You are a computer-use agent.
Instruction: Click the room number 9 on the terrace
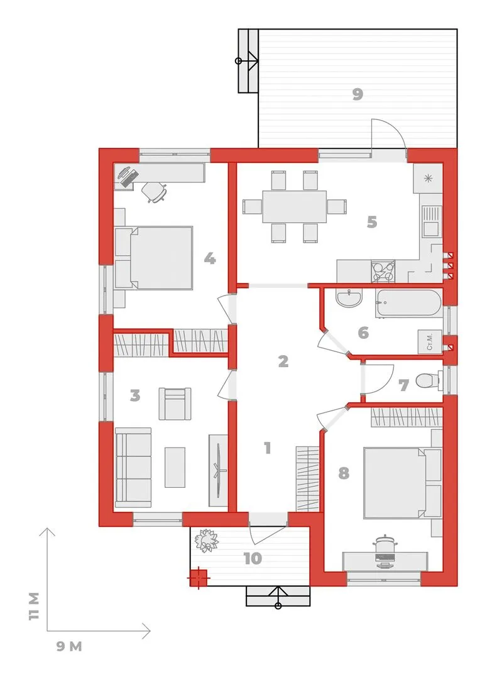pos(357,94)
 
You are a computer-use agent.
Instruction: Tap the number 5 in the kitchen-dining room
pos(372,222)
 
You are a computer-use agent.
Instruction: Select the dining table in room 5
pos(294,207)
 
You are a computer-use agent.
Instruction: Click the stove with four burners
pos(383,271)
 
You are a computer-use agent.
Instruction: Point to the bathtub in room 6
pos(408,302)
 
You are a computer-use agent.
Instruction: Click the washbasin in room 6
pos(349,299)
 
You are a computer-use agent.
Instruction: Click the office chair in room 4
pos(155,192)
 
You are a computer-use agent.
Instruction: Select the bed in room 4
pos(155,257)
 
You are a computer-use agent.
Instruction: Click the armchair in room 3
pos(175,404)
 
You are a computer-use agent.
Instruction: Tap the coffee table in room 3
pos(175,467)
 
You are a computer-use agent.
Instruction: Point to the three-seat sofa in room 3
pos(133,468)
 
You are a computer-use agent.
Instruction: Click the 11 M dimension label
pos(34,606)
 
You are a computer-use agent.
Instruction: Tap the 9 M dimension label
pos(69,646)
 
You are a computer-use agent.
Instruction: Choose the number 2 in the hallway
pos(283,361)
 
